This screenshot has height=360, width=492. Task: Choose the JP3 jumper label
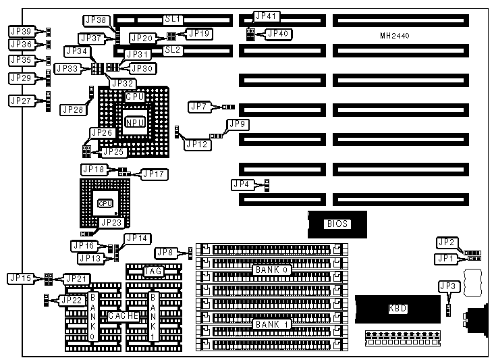point(448,287)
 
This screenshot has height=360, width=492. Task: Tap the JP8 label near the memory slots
point(166,253)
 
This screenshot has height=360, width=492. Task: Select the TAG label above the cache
point(153,272)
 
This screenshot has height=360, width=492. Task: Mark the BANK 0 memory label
point(272,270)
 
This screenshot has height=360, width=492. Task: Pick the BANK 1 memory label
point(272,324)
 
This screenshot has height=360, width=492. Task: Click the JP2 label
point(446,242)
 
